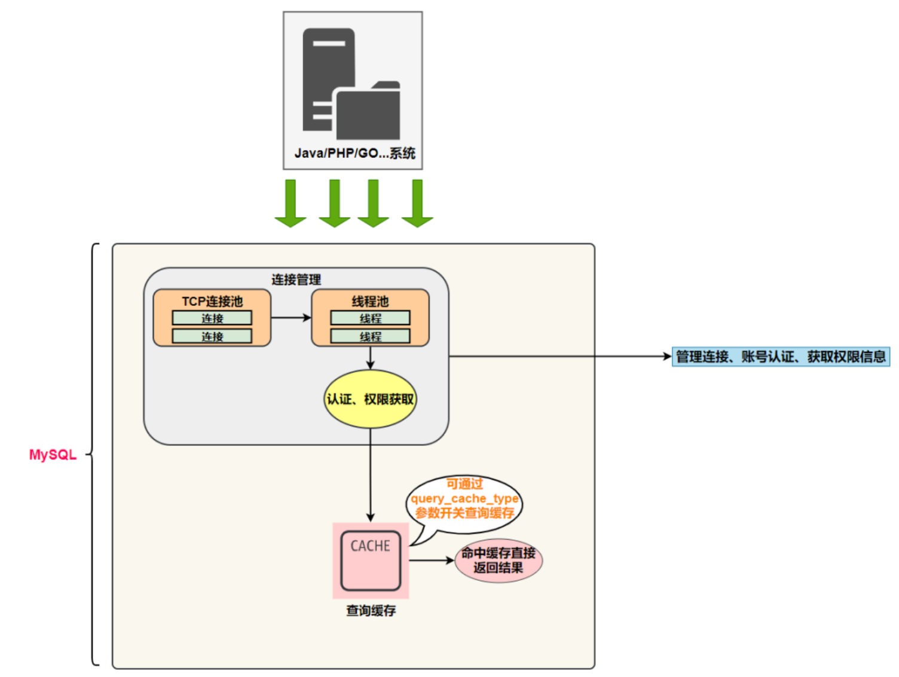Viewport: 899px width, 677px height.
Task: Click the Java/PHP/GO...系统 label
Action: [354, 153]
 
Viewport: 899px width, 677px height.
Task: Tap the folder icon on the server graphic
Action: [368, 112]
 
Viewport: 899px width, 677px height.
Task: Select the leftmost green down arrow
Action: [291, 203]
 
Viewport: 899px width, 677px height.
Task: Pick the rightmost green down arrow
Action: [417, 203]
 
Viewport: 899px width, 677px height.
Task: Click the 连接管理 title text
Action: [296, 279]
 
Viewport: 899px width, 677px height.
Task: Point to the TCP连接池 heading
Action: [212, 301]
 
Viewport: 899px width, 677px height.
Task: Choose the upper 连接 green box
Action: [212, 318]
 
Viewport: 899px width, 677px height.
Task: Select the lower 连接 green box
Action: [212, 336]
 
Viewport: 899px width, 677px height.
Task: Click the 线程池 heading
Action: [370, 301]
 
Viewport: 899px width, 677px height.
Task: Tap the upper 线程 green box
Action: [370, 318]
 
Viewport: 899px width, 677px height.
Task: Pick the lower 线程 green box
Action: [370, 336]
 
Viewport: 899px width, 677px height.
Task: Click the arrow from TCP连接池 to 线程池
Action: [291, 318]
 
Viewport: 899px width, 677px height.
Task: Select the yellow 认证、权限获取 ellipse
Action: [370, 399]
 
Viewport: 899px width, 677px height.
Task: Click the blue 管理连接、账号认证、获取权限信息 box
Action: [781, 357]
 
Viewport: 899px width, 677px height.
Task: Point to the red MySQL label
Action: [53, 455]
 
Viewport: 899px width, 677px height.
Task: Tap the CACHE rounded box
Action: [371, 560]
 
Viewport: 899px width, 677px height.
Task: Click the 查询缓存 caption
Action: [371, 610]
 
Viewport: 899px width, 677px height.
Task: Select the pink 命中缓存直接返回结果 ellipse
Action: [499, 560]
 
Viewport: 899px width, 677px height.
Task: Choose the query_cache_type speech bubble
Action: [464, 498]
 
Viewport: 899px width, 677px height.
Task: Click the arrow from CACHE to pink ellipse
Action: [431, 560]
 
